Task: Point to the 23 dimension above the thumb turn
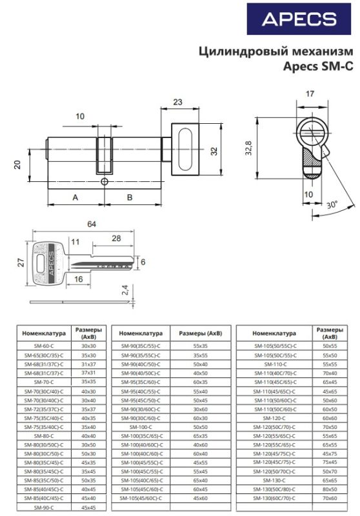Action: click(179, 101)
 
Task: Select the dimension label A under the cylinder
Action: click(75, 197)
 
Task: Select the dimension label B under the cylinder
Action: click(129, 197)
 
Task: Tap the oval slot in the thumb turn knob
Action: click(186, 150)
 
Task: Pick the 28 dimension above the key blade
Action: click(116, 239)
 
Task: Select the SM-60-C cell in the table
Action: click(41, 346)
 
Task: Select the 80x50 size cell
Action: click(330, 490)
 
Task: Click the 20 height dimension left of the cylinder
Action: click(17, 164)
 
